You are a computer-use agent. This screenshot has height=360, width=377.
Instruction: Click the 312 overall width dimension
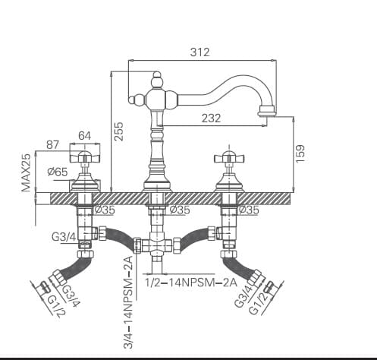click(199, 52)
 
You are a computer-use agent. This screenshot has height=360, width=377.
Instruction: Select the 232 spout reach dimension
click(212, 118)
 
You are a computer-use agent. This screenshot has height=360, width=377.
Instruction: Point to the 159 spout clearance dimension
click(300, 153)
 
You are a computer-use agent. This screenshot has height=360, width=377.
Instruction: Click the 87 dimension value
click(53, 144)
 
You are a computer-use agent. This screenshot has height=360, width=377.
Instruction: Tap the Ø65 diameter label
click(58, 172)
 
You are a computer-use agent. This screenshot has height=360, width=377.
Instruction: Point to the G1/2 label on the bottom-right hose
click(265, 297)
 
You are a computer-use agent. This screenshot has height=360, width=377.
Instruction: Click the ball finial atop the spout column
click(156, 80)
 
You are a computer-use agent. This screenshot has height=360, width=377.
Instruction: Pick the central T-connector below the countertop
click(157, 245)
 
